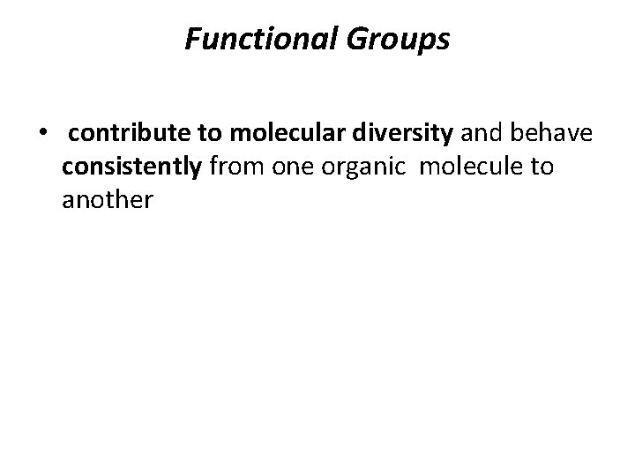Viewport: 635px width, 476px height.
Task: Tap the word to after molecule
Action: [541, 167]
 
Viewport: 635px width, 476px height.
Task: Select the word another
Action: [108, 200]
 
